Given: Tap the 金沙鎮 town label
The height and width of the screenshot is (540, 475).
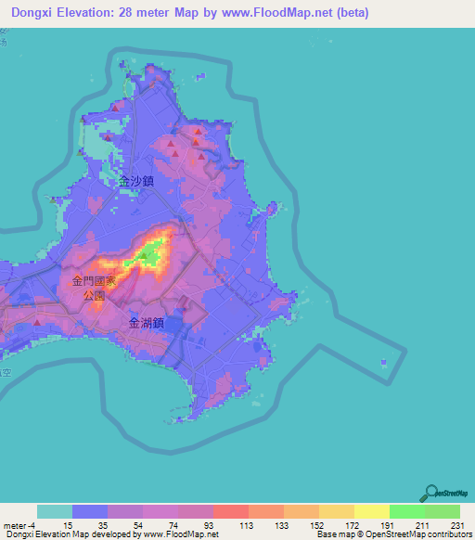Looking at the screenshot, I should pyautogui.click(x=135, y=184).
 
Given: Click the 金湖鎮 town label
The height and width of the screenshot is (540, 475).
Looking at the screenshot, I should pyautogui.click(x=147, y=324).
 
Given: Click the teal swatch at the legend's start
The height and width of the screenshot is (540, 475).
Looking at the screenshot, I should pyautogui.click(x=54, y=511).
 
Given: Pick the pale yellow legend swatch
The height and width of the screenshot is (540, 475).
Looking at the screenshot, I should pyautogui.click(x=371, y=511).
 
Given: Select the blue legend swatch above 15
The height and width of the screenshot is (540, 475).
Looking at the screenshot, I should pyautogui.click(x=89, y=511).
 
